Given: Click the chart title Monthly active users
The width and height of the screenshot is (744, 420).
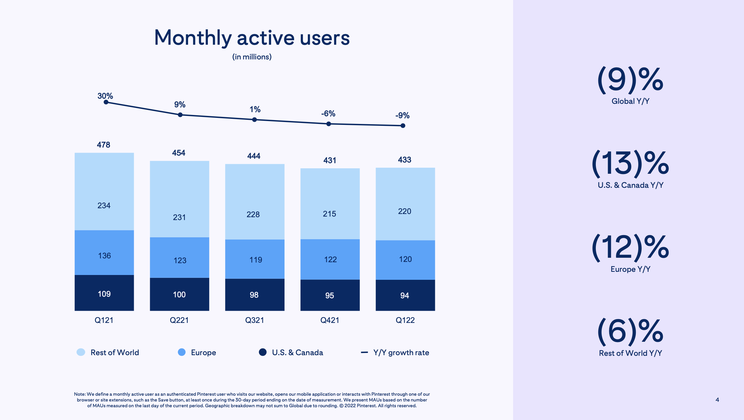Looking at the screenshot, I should [x=252, y=38].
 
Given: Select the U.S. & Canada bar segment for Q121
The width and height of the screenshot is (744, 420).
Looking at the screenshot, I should [x=104, y=293].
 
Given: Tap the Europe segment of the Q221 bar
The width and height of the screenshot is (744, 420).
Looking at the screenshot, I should [x=179, y=257].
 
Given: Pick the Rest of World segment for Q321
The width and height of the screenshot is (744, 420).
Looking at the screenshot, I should [x=254, y=202].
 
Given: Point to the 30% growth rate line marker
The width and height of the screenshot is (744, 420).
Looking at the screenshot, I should [x=106, y=102].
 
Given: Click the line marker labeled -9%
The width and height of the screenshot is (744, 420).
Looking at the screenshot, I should [x=403, y=126].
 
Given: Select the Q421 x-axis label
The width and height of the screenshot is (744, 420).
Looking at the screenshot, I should [x=330, y=320].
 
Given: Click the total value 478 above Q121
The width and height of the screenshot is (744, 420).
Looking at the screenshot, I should [x=103, y=145].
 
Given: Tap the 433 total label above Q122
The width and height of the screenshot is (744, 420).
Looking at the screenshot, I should [x=405, y=160].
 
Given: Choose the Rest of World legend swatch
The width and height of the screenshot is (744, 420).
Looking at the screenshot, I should [x=81, y=352].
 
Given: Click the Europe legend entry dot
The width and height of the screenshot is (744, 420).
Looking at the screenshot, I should [x=182, y=352].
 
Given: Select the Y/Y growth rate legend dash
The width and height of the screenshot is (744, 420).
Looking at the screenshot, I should [x=364, y=352].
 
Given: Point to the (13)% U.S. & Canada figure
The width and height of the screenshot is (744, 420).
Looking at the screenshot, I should [x=630, y=164].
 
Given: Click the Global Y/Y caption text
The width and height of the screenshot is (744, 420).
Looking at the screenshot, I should [x=630, y=101].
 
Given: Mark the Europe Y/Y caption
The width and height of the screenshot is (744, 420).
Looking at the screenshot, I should [x=630, y=269].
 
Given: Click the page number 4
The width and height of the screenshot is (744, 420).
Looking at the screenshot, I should [x=717, y=400].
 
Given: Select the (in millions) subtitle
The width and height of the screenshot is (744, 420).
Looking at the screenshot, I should [x=252, y=57].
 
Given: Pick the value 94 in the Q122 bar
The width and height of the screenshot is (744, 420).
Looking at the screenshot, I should [x=405, y=295].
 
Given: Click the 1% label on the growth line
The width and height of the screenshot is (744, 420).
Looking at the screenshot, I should [x=255, y=110].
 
